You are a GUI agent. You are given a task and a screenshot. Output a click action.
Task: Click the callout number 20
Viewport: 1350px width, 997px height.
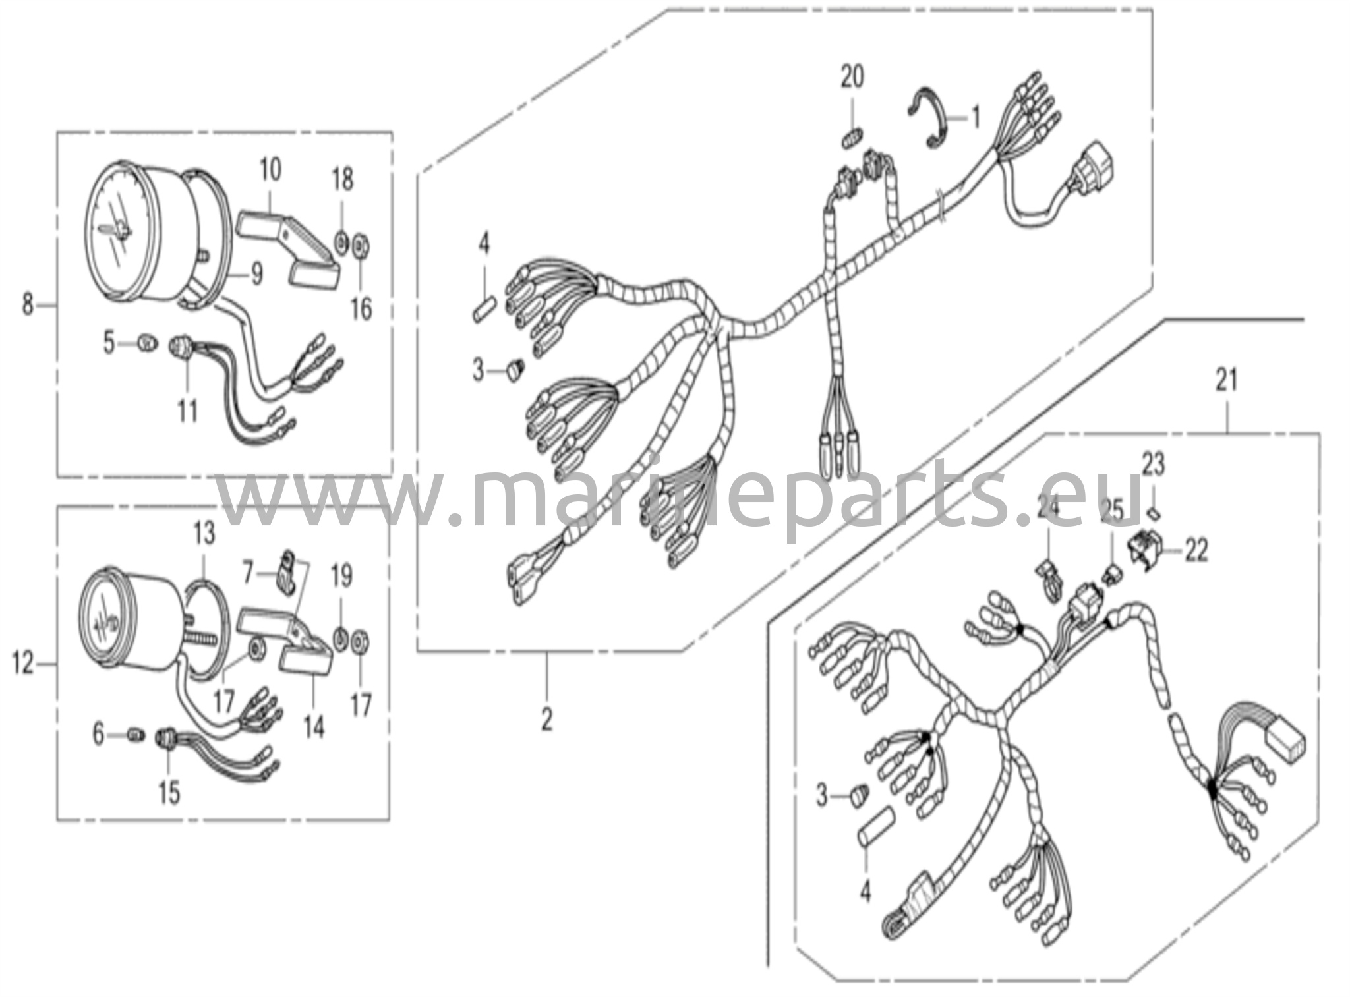pos(852,78)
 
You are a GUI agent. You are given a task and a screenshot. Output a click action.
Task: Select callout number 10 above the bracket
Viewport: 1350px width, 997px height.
pos(270,170)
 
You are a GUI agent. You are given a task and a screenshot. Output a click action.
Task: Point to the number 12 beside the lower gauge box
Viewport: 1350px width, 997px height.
pos(23,665)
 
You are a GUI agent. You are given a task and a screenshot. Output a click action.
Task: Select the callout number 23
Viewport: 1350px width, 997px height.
pos(1154,466)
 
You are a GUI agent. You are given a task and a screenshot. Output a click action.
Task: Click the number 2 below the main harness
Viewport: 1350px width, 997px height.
pos(546,720)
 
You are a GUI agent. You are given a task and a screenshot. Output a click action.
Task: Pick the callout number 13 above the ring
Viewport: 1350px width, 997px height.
pos(204,533)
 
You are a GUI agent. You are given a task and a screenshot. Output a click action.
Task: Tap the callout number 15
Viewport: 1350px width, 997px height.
pos(169,793)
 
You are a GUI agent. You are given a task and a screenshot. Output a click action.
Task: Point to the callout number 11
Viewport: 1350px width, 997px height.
pos(187,412)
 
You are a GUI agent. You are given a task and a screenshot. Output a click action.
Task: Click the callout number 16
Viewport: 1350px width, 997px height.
pos(361,308)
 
